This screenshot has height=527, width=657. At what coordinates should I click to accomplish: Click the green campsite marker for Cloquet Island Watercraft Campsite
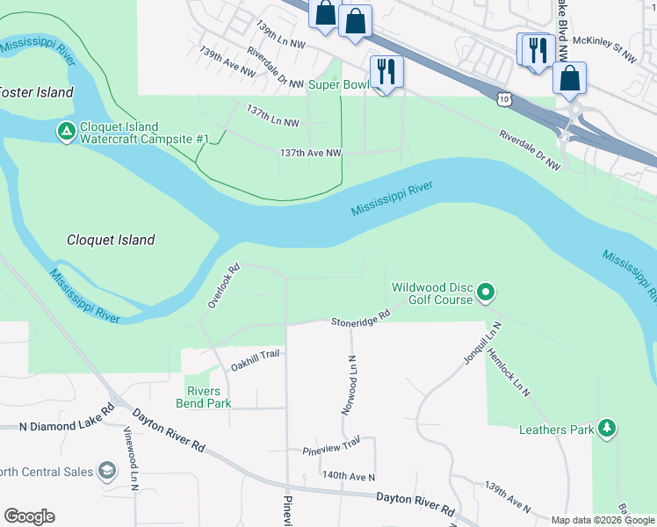[x=66, y=132]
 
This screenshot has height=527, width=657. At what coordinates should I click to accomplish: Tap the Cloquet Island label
[x=111, y=240]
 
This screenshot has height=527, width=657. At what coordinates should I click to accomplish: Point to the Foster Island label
[x=35, y=91]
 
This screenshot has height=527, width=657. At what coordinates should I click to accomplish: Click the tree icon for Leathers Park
[x=606, y=429]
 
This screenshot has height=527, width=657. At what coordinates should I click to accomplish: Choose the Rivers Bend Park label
[x=208, y=397]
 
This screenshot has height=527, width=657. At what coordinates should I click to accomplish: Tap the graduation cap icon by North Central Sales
[x=108, y=472]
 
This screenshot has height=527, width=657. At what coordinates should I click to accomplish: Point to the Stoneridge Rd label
[x=360, y=319]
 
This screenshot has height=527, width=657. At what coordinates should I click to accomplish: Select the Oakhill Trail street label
[x=254, y=354]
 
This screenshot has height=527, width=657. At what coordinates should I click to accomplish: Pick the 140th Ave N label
[x=348, y=476]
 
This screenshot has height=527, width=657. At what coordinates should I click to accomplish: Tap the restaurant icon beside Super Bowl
[x=386, y=70]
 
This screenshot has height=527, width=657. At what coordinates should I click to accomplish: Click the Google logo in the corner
[x=29, y=516]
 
